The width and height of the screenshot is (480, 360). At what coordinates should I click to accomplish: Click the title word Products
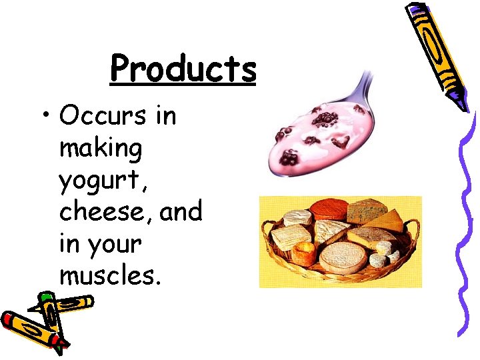click(183, 69)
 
